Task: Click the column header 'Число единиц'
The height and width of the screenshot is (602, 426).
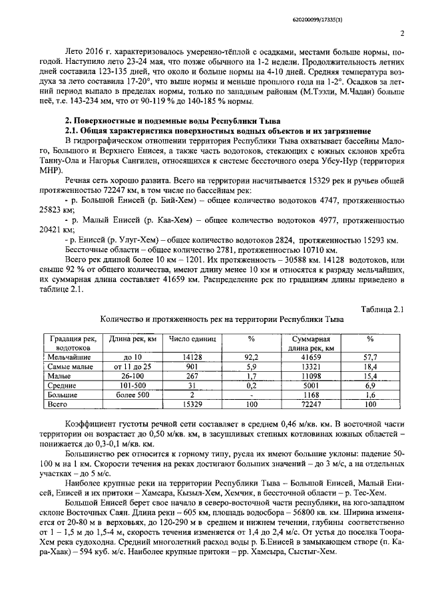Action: (x=192, y=339)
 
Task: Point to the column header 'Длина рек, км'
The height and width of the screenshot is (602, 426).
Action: (x=132, y=339)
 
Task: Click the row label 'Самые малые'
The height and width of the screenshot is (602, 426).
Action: (x=73, y=366)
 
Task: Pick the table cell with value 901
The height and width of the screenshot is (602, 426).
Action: (x=192, y=366)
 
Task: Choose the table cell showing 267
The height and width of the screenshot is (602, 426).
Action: (x=192, y=375)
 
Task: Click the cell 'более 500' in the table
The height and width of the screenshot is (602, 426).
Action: (x=132, y=394)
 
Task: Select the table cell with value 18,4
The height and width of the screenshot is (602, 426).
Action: (x=370, y=366)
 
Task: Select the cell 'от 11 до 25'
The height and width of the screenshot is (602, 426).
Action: (x=132, y=366)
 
